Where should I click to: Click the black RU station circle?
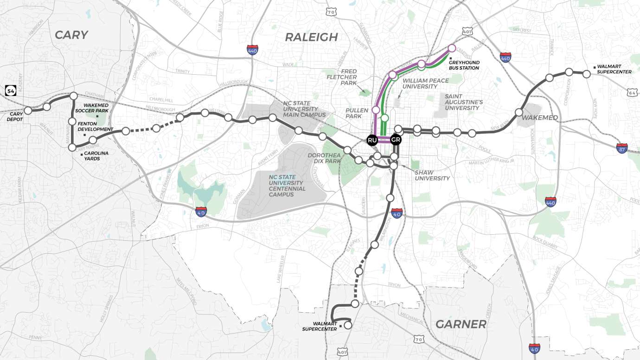(x=372, y=140)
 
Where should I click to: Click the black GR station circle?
(x=395, y=140)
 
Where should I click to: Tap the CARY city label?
(x=71, y=35)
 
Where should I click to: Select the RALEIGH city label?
(x=311, y=38)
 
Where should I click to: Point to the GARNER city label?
(x=461, y=324)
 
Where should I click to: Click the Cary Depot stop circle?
(x=28, y=110)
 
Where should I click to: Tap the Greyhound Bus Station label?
(x=463, y=65)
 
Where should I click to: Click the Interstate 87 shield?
(x=622, y=148)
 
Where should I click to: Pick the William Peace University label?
(x=426, y=84)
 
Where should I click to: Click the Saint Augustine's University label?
(x=461, y=102)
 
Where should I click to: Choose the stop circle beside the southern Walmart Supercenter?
(x=348, y=325)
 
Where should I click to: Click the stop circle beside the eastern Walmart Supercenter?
(x=586, y=74)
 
